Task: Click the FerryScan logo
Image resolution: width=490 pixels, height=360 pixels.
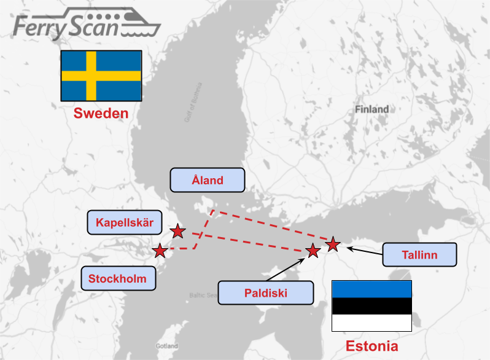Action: [x=86, y=25]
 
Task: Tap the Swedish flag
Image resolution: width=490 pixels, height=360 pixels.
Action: [x=101, y=76]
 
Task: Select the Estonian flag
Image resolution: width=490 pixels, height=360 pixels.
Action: [x=371, y=306]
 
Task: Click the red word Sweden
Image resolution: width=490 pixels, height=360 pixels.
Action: [x=101, y=114]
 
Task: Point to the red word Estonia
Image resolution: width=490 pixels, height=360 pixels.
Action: [x=371, y=345]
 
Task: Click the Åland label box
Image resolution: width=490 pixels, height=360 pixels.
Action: [x=208, y=180]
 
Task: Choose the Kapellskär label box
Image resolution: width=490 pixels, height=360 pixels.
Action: [x=125, y=222]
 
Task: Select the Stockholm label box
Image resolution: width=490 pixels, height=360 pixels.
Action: [x=118, y=278]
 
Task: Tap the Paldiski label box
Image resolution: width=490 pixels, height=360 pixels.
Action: [x=265, y=292]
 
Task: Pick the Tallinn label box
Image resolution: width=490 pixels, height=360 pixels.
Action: [x=420, y=254]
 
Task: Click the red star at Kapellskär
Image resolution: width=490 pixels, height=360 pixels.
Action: [x=177, y=231]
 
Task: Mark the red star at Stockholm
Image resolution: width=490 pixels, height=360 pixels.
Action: [x=160, y=251]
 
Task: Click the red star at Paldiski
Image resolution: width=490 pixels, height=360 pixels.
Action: [x=313, y=251]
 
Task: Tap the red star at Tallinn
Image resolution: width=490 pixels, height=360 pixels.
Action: [x=333, y=245]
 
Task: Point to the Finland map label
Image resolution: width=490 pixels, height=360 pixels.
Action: [x=371, y=109]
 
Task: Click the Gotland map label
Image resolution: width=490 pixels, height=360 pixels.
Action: [x=167, y=346]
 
